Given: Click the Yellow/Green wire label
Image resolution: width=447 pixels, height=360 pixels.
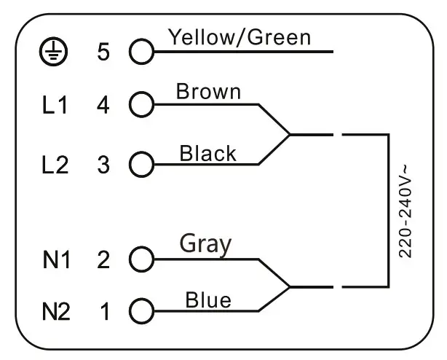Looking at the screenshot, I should tap(240, 36).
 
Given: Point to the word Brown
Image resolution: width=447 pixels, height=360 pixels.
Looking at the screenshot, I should tap(208, 92).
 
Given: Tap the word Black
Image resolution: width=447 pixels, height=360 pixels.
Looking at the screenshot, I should tap(207, 153).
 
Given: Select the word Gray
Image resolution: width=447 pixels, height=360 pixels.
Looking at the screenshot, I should tap(205, 244).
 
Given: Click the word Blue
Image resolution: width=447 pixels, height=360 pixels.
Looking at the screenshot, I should tap(208, 300).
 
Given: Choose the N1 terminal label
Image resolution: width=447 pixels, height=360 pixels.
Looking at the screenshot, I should tap(55, 259).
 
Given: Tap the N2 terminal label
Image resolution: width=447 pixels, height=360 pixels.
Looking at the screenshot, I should tap(55, 313).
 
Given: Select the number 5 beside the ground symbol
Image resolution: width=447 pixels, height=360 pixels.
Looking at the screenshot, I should tap(103, 52).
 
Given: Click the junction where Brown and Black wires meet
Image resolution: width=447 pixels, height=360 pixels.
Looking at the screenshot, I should tap(290, 135).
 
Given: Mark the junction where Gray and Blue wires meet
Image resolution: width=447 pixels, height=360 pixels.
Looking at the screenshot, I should tap(290, 286).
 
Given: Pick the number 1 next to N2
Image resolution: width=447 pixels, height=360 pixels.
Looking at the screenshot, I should tap(104, 313).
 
